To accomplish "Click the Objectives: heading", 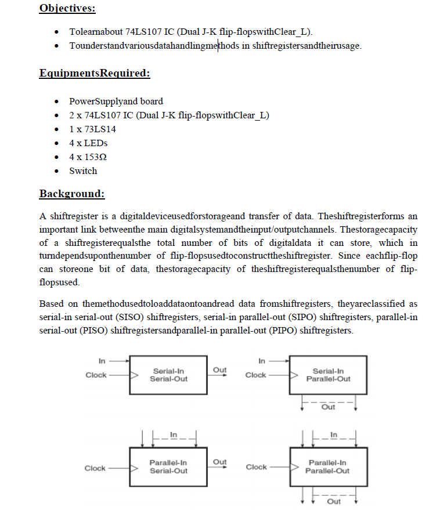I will click(67, 8).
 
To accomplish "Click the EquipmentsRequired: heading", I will click(95, 73).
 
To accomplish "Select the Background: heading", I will click(72, 193).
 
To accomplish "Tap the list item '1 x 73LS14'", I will click(92, 129).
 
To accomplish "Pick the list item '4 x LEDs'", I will click(88, 143).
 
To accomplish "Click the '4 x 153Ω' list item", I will click(88, 157).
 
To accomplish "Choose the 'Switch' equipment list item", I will click(83, 171).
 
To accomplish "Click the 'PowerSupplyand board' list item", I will click(116, 101).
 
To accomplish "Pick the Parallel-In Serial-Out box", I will click(168, 467).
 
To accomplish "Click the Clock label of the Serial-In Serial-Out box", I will click(96, 375).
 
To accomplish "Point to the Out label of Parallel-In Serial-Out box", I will click(220, 462).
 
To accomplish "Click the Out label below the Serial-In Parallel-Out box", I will click(329, 407).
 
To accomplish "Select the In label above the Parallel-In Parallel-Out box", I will click(333, 434).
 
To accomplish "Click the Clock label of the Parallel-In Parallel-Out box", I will click(256, 467).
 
